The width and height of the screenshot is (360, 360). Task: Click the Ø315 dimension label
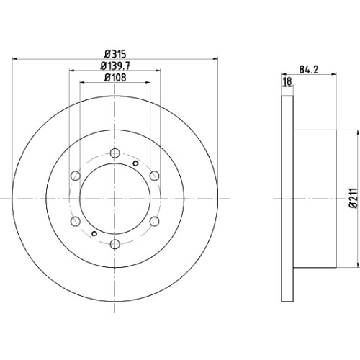point(115,54)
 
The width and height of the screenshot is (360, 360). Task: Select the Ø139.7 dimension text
point(115,66)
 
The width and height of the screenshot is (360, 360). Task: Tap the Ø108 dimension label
point(115,78)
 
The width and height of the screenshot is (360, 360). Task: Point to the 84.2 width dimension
point(309,70)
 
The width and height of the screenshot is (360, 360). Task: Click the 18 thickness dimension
point(287,81)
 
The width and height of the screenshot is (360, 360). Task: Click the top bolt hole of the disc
point(115,153)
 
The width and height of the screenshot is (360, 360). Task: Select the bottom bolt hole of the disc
point(115,244)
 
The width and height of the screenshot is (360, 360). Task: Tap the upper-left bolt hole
point(76,176)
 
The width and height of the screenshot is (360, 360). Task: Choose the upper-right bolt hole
point(154,176)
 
